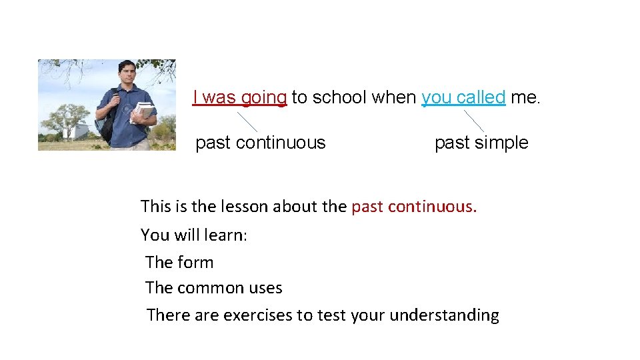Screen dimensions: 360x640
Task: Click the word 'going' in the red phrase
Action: pos(264,98)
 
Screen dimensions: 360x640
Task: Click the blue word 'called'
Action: pos(481,97)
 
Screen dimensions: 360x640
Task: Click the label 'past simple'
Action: pos(481,143)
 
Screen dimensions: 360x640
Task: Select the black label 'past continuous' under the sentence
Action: pos(260,143)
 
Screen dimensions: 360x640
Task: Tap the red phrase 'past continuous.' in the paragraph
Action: pos(414,207)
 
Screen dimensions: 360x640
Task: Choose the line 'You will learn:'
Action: pos(194,235)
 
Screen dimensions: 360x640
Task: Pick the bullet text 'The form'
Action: pos(179,263)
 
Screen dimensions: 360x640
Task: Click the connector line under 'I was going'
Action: pos(247,121)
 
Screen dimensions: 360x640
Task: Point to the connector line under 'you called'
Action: pos(474,121)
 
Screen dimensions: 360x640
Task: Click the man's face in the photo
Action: pos(127,74)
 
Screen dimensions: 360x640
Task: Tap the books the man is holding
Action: pos(143,112)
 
